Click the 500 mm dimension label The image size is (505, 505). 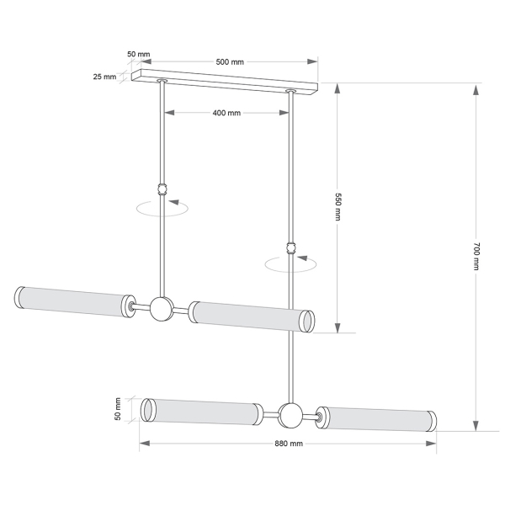click(x=230, y=61)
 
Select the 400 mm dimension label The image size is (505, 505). click(x=226, y=113)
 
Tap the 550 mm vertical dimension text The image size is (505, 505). click(x=338, y=207)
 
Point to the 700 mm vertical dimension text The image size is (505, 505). click(x=476, y=256)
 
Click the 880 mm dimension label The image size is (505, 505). click(x=289, y=444)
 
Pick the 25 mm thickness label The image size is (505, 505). click(x=104, y=77)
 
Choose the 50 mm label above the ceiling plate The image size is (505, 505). click(x=139, y=54)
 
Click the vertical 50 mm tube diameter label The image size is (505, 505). click(x=118, y=409)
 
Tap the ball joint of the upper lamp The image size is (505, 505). click(x=162, y=309)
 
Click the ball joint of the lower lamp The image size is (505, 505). click(x=290, y=416)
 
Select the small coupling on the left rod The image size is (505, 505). click(x=162, y=189)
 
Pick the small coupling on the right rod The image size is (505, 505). click(x=291, y=248)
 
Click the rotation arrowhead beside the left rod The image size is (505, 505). click(x=173, y=202)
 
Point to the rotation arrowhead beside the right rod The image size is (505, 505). click(x=302, y=258)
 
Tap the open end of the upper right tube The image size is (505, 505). click(x=307, y=322)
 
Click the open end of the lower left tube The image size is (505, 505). click(x=148, y=410)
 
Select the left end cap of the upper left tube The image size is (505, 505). click(x=19, y=297)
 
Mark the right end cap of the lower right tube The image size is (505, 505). click(x=432, y=421)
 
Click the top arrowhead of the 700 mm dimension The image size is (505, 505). click(x=476, y=90)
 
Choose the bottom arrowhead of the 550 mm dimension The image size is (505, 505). click(x=338, y=327)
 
